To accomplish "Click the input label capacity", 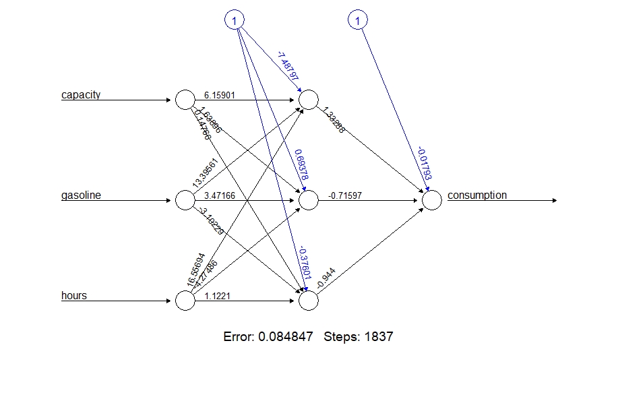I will click(81, 95).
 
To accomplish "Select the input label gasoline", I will click(81, 195).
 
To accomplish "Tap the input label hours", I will click(74, 296).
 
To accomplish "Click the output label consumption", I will click(476, 195).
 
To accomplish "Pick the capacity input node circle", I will click(185, 100).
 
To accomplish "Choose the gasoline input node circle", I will click(185, 200).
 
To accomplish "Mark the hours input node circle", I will click(185, 301).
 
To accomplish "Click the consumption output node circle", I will click(431, 200).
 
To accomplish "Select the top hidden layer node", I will click(308, 100).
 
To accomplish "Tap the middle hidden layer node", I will click(308, 200).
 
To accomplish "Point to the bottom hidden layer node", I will click(308, 301).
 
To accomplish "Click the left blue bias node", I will click(234, 22).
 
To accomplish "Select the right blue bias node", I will click(357, 22).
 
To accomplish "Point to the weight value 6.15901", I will click(218, 96).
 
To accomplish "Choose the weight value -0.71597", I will click(345, 195).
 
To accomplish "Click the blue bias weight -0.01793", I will click(424, 163).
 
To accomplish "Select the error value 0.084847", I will click(286, 336).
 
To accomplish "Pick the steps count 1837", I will click(379, 336).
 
